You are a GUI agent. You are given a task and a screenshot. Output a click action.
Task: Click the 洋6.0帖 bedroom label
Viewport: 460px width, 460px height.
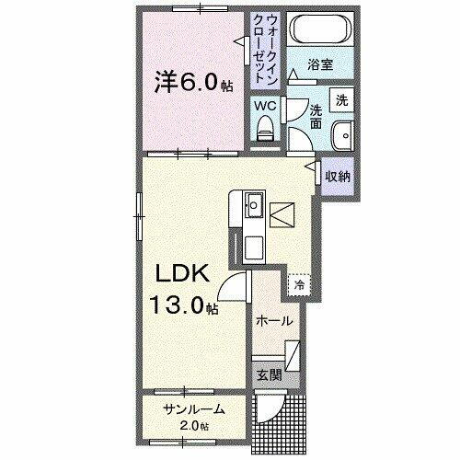(192, 83)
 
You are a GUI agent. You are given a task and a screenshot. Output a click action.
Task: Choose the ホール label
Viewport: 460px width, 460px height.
(275, 321)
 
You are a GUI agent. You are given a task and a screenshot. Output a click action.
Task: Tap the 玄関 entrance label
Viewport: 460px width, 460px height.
(267, 374)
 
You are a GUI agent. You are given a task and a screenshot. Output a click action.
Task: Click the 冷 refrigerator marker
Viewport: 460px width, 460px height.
(298, 285)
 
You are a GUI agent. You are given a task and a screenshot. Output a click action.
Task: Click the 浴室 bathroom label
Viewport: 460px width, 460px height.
(319, 65)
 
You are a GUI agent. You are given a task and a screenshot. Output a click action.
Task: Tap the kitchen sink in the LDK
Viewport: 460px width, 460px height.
(254, 204)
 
